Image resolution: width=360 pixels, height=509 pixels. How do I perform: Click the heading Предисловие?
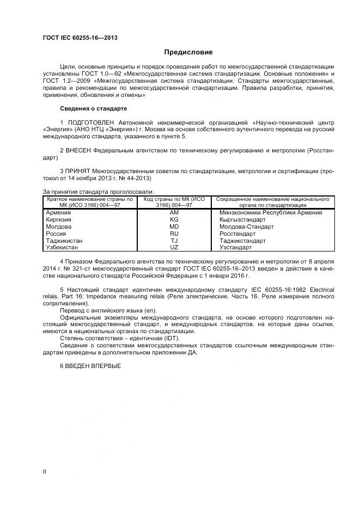[x=188, y=52]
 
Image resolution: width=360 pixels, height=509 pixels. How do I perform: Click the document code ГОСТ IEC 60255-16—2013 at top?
[x=80, y=38]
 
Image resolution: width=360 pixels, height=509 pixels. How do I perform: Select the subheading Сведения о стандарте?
[x=89, y=108]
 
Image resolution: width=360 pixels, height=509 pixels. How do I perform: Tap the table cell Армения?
[x=59, y=212]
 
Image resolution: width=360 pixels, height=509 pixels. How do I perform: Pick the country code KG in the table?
[x=174, y=219]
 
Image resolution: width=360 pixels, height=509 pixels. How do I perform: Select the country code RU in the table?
[x=174, y=233]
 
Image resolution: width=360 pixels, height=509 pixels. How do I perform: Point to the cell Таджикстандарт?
[x=242, y=240]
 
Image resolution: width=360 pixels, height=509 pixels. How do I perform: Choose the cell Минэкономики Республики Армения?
[x=270, y=212]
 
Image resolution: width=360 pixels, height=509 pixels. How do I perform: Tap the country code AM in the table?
[x=174, y=212]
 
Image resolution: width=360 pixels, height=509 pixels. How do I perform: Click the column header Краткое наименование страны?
[x=90, y=202]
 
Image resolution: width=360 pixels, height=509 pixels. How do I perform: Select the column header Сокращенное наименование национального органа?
[x=269, y=202]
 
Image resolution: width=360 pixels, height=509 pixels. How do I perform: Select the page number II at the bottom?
[x=45, y=471]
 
